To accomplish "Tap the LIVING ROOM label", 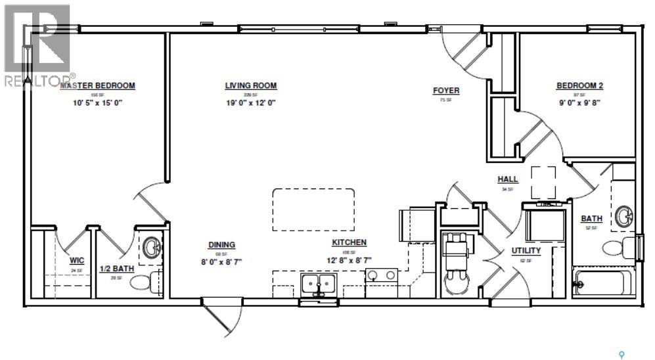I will click(x=250, y=85).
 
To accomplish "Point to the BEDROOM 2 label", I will click(x=579, y=85).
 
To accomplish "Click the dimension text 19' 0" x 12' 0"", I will click(x=250, y=103).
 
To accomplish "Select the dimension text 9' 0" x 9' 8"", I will click(x=579, y=103).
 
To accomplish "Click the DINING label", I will click(x=221, y=245).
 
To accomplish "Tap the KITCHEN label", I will click(x=349, y=242).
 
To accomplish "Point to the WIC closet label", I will click(x=77, y=260).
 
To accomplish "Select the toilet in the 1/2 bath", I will click(x=144, y=281).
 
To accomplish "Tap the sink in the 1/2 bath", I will click(x=152, y=248).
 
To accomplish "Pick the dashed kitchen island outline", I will click(x=313, y=210).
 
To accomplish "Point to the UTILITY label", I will click(x=526, y=250).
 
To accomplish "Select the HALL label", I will click(x=508, y=179).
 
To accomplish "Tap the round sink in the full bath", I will click(x=624, y=216).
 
